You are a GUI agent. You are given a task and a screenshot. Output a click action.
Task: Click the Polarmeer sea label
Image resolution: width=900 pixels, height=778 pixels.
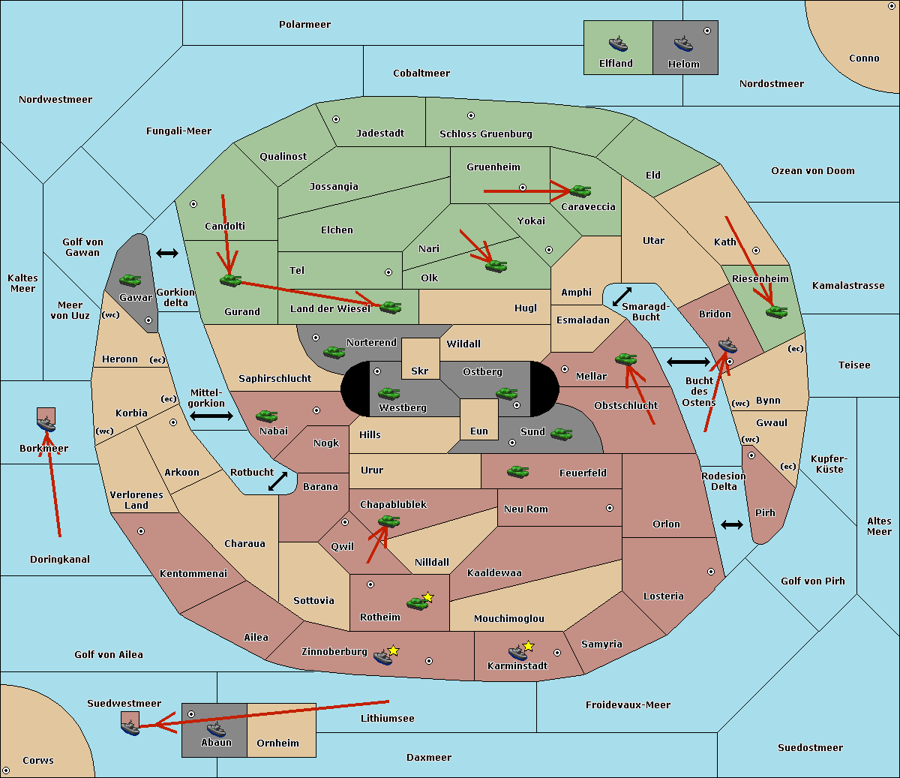click(304, 25)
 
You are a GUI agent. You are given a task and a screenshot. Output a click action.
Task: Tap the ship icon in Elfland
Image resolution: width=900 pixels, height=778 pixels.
click(618, 43)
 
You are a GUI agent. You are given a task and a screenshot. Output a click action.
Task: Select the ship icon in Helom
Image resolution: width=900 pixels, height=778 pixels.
click(682, 43)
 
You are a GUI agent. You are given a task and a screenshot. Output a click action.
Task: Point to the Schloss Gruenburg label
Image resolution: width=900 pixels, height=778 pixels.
click(485, 134)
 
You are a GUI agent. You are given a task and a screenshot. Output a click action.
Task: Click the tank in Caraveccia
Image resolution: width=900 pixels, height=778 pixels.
click(580, 191)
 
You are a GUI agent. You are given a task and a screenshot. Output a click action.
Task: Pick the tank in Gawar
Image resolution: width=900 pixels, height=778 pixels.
click(130, 281)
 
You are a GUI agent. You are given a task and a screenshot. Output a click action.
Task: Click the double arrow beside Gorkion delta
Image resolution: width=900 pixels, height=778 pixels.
click(166, 253)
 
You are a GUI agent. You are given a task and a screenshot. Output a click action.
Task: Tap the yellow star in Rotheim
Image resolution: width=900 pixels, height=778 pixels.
click(428, 597)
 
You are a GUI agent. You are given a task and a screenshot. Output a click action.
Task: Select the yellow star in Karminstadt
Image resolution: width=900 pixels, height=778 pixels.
click(528, 646)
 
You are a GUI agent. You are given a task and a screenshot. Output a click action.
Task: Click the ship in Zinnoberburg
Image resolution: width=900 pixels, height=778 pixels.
click(382, 658)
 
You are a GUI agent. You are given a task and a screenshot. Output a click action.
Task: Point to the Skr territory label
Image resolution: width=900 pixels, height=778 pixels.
click(420, 371)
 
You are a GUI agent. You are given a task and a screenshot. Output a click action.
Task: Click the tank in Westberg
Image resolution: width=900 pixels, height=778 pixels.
click(388, 393)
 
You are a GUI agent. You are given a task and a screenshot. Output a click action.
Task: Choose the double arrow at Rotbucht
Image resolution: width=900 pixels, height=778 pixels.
click(277, 482)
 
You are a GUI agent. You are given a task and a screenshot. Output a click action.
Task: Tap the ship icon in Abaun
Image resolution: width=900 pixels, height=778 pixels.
click(216, 728)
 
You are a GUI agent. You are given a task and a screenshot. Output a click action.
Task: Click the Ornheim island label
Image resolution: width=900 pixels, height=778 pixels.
click(277, 743)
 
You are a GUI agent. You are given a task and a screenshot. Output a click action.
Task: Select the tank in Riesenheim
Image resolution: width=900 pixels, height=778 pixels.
click(776, 311)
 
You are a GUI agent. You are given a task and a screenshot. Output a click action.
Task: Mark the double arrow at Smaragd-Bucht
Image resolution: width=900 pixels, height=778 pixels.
click(622, 296)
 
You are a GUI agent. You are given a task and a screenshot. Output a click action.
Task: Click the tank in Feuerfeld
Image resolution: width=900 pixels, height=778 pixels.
click(517, 472)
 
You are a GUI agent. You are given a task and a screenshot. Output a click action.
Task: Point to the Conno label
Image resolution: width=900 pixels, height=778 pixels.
click(864, 59)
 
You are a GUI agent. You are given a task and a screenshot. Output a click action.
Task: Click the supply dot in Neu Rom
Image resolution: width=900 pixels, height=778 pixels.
click(610, 508)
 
